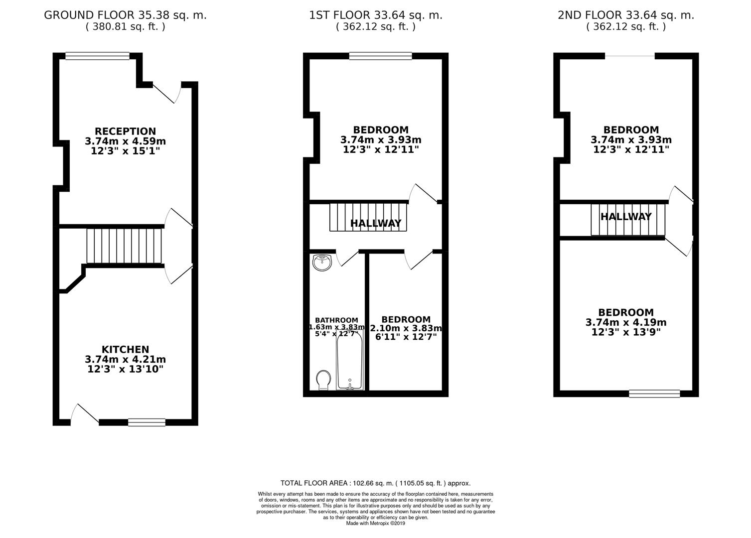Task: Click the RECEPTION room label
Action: (125, 132)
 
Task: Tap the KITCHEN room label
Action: (125, 350)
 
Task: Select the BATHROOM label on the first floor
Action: (336, 320)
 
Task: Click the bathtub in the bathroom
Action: (349, 360)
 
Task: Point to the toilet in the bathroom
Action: (323, 380)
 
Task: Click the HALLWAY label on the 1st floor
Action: (376, 223)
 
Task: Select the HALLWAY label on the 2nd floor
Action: (626, 217)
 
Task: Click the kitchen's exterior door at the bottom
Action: (85, 415)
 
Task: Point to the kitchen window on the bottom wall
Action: (147, 422)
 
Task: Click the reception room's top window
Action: (98, 56)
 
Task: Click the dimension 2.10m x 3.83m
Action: (406, 328)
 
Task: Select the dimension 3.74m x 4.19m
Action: (626, 322)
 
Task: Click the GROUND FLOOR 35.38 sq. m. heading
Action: (125, 15)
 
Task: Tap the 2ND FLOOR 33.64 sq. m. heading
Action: (626, 15)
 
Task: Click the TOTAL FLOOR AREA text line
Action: (375, 483)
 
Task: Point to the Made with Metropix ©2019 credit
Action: (376, 524)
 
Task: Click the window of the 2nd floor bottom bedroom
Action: (654, 394)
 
